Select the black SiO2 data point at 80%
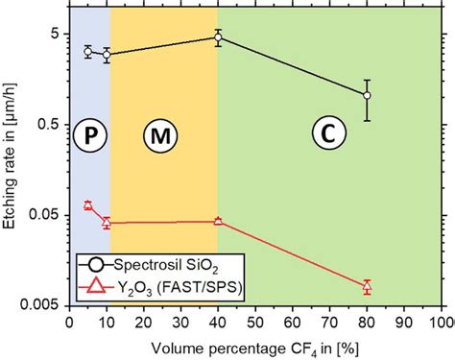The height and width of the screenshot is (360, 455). click(367, 95)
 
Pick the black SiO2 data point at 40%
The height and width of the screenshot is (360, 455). click(218, 38)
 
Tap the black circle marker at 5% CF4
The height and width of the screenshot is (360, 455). click(87, 52)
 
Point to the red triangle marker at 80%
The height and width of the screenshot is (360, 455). click(367, 286)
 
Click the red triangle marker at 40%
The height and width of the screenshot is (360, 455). click(218, 221)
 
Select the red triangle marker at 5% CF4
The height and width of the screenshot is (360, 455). click(87, 205)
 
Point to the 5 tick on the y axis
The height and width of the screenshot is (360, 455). click(57, 35)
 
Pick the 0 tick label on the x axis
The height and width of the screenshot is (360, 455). click(68, 322)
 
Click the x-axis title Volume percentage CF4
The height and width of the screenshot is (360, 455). click(254, 345)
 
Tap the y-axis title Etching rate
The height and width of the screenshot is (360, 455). click(12, 168)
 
